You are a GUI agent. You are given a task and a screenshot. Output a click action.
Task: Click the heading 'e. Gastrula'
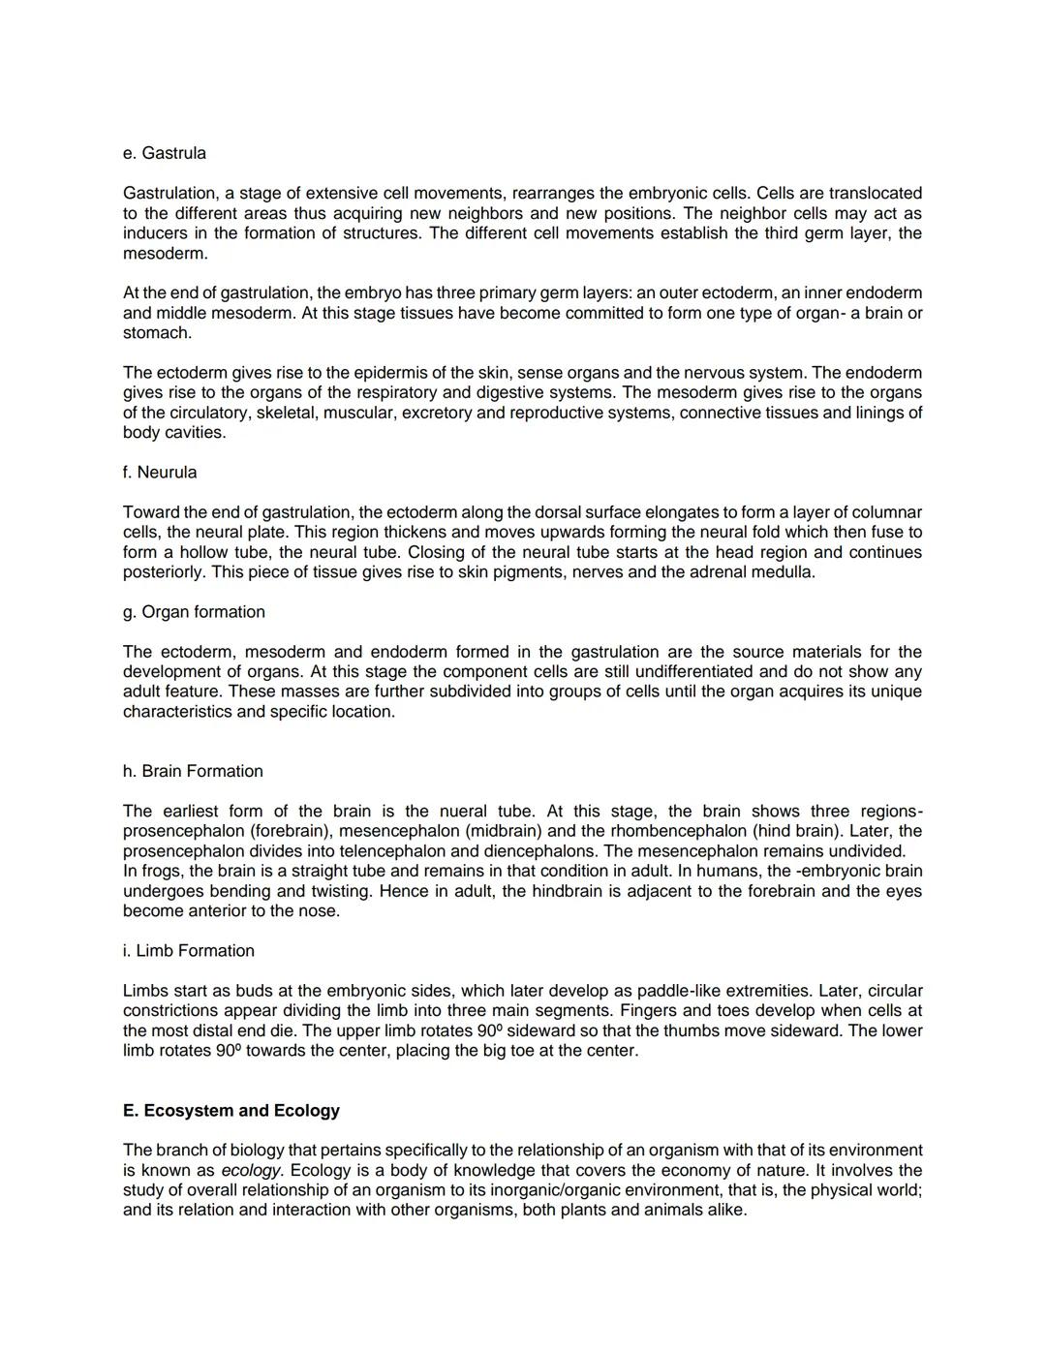164,153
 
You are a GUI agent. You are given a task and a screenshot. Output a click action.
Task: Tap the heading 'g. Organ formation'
193,612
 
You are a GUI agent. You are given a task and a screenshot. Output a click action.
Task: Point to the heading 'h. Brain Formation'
192,771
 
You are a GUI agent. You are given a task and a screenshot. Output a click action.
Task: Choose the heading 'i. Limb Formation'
188,951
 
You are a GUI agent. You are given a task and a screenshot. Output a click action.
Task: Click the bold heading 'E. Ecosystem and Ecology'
231,1111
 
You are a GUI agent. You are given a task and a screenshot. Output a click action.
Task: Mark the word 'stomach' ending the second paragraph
156,333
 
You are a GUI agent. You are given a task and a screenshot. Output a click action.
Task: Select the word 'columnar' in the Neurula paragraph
888,512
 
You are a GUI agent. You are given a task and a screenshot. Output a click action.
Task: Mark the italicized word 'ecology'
251,1170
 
